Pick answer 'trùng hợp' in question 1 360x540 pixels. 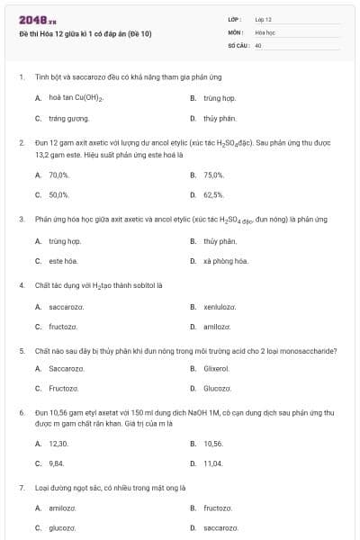pyautogui.click(x=219, y=97)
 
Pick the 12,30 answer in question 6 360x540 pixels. pyautogui.click(x=58, y=444)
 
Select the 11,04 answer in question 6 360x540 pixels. pyautogui.click(x=213, y=463)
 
